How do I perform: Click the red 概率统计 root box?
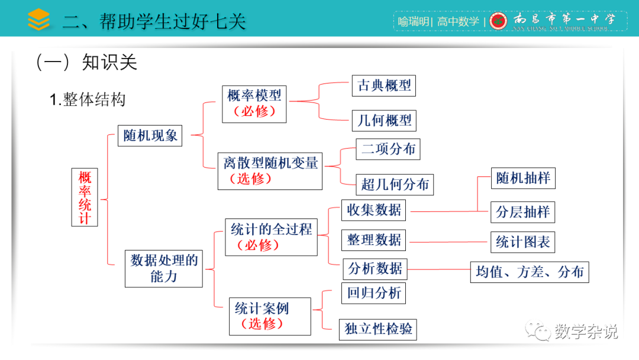click(85, 198)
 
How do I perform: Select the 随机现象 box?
click(150, 136)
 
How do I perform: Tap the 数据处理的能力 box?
click(164, 268)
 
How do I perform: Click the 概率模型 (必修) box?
click(254, 104)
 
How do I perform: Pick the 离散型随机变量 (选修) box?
click(270, 170)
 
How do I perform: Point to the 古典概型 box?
click(384, 85)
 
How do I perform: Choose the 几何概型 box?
click(384, 121)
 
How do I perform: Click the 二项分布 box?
click(388, 149)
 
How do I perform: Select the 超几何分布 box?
click(395, 184)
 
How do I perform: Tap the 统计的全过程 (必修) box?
click(271, 237)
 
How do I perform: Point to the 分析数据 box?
click(375, 269)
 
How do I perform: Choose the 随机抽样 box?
click(523, 178)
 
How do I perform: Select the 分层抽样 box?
click(523, 212)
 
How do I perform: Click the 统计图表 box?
click(522, 242)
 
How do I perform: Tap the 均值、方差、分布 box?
click(530, 272)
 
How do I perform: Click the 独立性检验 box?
click(379, 329)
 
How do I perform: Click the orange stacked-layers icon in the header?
click(39, 20)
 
